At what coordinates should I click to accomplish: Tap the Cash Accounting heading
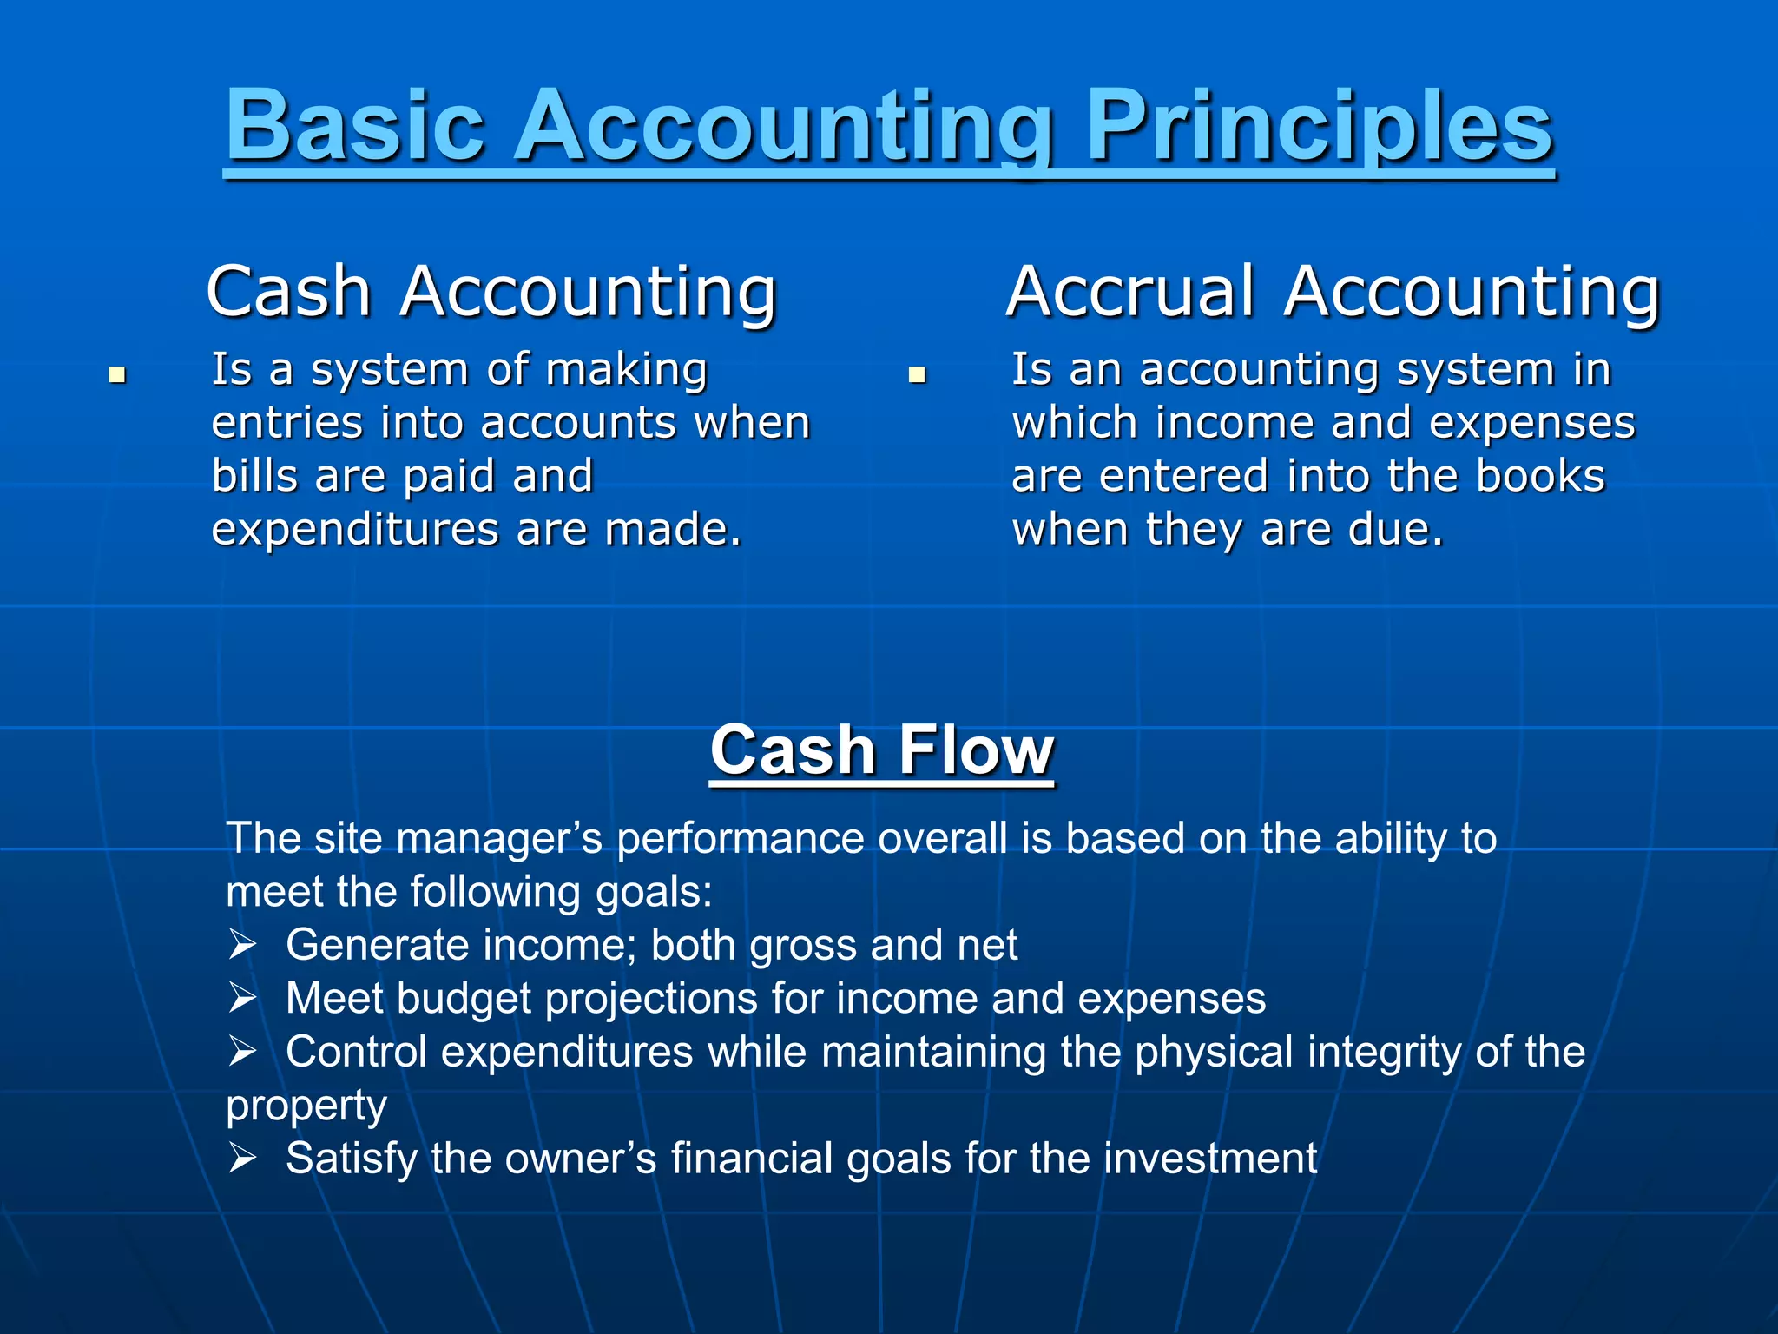pyautogui.click(x=491, y=292)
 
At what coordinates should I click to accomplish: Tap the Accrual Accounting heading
pyautogui.click(x=1333, y=292)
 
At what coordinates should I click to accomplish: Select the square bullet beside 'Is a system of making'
pyautogui.click(x=117, y=375)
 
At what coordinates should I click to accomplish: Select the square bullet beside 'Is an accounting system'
pyautogui.click(x=917, y=375)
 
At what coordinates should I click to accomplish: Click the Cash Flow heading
pyautogui.click(x=882, y=750)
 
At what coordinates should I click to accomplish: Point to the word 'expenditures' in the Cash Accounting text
pyautogui.click(x=355, y=530)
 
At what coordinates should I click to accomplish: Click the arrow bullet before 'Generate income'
pyautogui.click(x=242, y=945)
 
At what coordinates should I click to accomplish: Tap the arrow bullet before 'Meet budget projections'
pyautogui.click(x=242, y=999)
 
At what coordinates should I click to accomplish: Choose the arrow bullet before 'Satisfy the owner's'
pyautogui.click(x=242, y=1159)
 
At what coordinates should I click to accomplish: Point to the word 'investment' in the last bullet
pyautogui.click(x=1210, y=1159)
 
